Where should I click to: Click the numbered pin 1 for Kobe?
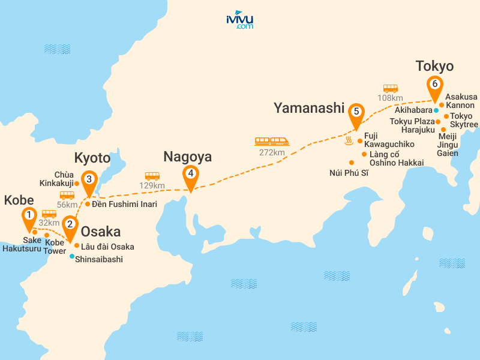(28, 215)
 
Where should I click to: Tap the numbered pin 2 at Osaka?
(70, 225)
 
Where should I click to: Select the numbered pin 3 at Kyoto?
(89, 179)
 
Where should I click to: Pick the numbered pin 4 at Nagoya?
(190, 175)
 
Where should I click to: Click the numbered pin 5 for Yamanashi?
(356, 112)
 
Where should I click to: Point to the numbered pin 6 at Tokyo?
(434, 85)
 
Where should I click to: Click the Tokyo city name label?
(434, 66)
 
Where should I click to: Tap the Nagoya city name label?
(188, 157)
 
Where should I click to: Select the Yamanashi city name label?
(309, 108)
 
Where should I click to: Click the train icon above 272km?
(272, 142)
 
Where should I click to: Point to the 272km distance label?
(272, 152)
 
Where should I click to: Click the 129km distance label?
(152, 185)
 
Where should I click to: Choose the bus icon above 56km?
(67, 195)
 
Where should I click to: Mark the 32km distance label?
(50, 223)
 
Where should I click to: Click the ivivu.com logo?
(240, 20)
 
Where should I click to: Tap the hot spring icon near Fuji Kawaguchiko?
(348, 142)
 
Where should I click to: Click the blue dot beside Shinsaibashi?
(72, 256)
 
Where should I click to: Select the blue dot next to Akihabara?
(436, 110)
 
